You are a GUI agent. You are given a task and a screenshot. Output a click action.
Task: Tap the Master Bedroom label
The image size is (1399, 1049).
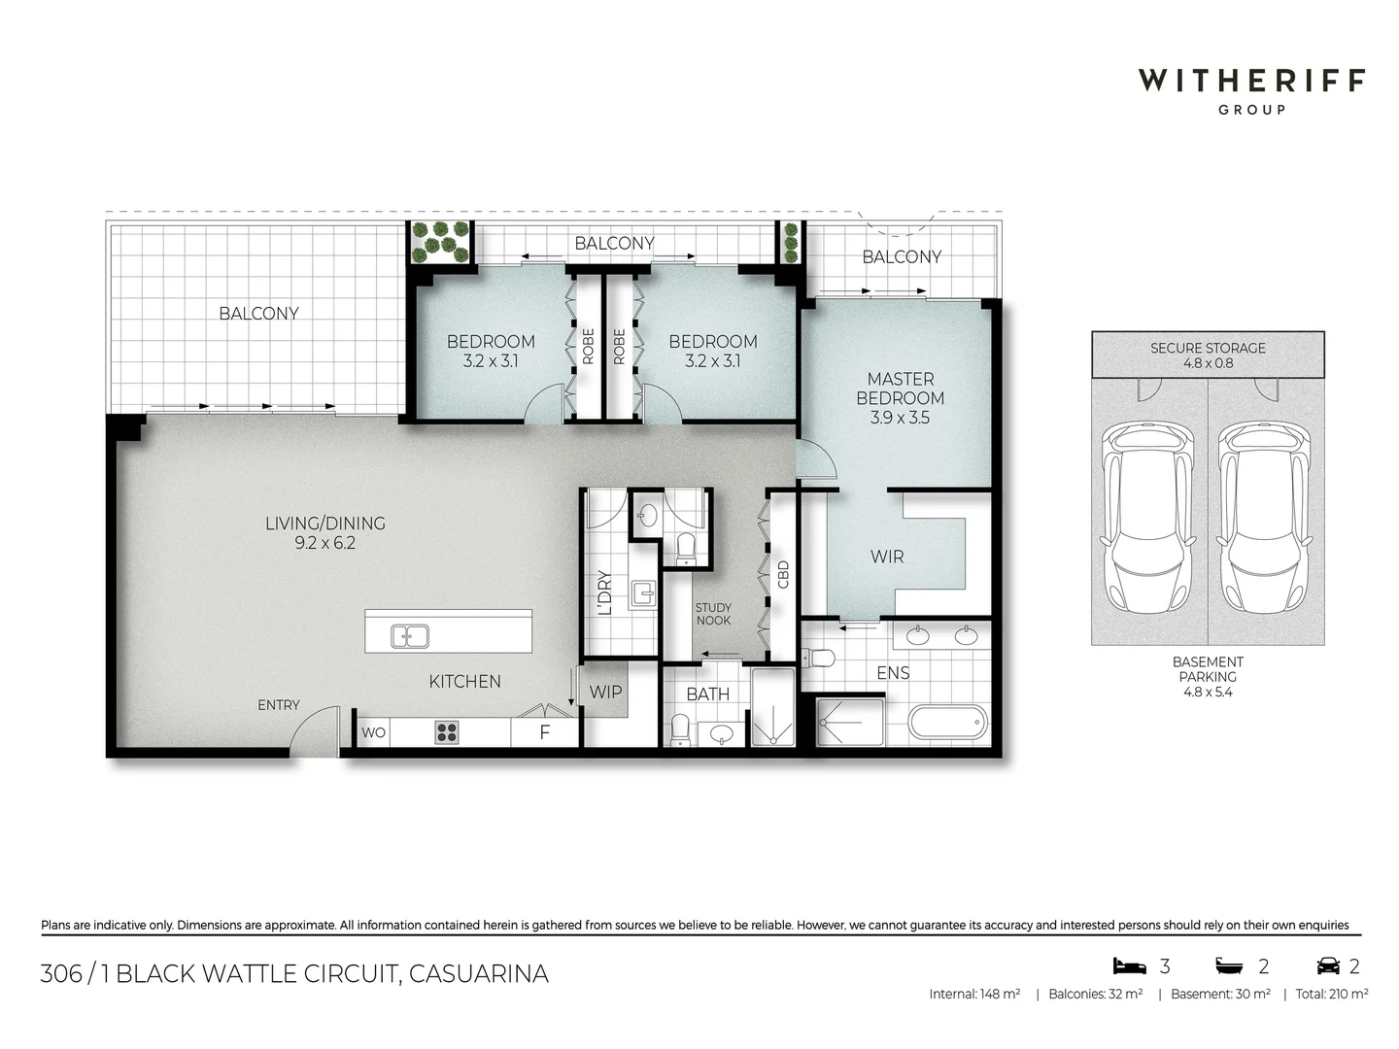click(x=900, y=397)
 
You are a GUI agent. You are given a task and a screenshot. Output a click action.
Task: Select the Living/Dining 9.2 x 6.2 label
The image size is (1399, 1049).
click(x=325, y=532)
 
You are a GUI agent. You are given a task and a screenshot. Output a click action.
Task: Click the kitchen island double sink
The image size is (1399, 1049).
click(x=410, y=636)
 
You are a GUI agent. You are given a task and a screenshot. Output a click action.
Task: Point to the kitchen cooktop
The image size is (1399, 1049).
click(x=447, y=732)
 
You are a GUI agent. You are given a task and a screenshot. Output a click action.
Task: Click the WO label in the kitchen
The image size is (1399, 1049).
click(x=373, y=732)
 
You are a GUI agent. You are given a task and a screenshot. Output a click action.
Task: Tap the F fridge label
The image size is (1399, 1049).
click(x=545, y=732)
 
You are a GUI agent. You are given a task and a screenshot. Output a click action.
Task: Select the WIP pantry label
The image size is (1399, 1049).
click(x=605, y=693)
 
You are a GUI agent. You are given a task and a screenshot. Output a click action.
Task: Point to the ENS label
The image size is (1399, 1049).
click(x=893, y=672)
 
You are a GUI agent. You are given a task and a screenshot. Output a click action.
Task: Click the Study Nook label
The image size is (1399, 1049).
click(x=713, y=614)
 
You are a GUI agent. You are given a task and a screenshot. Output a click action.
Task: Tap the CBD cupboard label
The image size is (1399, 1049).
click(x=783, y=574)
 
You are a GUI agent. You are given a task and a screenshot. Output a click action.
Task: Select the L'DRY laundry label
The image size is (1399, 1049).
click(x=605, y=592)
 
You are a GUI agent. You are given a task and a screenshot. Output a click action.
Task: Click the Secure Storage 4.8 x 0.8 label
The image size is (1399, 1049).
click(x=1208, y=355)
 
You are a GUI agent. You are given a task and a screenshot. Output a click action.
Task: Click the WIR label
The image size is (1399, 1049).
click(x=887, y=557)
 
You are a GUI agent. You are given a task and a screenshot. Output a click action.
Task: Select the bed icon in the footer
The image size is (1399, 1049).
click(x=1130, y=965)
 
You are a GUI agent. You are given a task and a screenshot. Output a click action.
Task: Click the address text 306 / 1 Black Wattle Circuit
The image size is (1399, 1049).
click(x=294, y=973)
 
